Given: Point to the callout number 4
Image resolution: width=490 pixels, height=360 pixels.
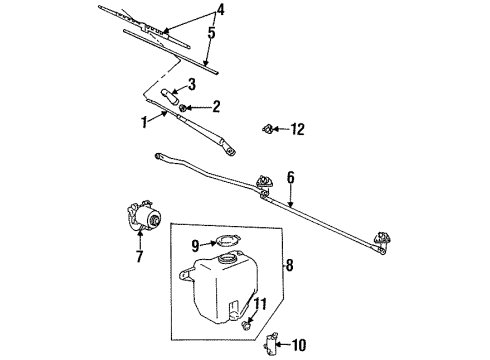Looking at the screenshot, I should click(x=221, y=12).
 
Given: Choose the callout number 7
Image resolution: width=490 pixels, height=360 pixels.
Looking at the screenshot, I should click(x=139, y=257).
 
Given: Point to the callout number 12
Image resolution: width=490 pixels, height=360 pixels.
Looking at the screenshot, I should click(x=296, y=128).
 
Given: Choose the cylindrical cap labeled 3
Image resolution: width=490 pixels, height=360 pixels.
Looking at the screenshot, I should click(x=168, y=97).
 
